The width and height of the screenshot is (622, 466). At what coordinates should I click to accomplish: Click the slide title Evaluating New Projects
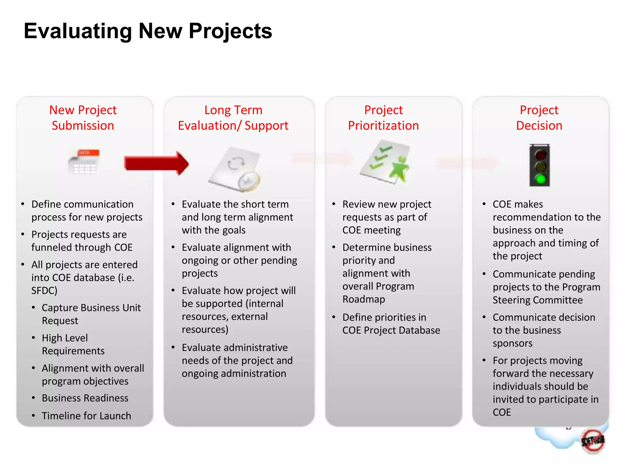pos(148,31)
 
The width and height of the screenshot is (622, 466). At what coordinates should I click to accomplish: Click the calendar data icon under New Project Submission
pos(84,162)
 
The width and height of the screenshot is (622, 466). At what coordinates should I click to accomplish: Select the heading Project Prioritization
pos(383,118)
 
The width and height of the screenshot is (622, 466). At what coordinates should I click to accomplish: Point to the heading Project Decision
pos(539,118)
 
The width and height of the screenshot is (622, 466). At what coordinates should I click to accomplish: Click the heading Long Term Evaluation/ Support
pos(233,118)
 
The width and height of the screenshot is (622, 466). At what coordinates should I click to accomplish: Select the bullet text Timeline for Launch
pos(86,416)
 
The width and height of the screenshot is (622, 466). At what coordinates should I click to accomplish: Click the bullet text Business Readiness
pos(85,398)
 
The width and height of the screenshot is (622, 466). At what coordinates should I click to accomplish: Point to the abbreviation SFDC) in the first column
pos(44,291)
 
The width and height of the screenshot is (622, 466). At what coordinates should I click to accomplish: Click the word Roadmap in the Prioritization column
pos(364,299)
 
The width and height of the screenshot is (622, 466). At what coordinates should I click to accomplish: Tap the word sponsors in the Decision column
pos(512,343)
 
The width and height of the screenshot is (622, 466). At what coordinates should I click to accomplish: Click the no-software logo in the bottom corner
pos(592,441)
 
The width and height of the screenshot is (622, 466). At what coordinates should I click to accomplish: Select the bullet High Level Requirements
pos(73,344)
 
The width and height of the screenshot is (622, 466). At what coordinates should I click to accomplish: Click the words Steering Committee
pos(538,300)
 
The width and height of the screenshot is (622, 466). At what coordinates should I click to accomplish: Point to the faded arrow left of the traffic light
pos(468,162)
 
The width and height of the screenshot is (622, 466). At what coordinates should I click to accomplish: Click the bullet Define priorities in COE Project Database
pos(391,324)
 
